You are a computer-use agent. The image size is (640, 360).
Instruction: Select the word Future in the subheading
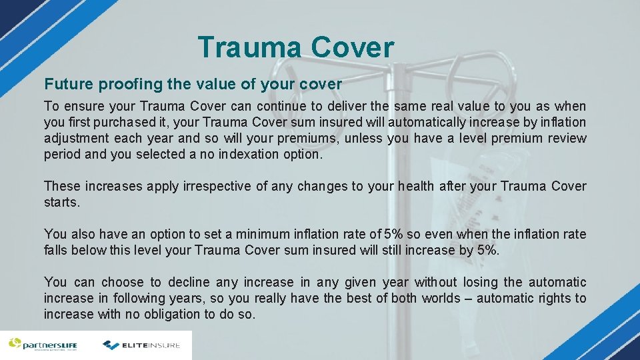pos(69,85)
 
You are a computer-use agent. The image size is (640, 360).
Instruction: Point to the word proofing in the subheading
pos(125,85)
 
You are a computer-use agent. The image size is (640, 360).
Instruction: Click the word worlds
pos(441,299)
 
